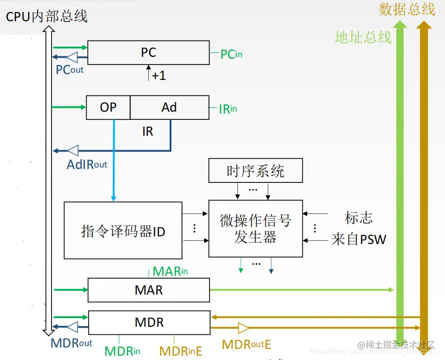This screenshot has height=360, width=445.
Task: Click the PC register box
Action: point(148,52)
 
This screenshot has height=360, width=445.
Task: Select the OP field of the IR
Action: point(108,107)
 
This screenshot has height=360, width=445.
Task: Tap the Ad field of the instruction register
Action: point(169,107)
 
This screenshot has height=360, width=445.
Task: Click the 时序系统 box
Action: point(255,171)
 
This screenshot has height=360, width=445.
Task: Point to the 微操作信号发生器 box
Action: point(255,229)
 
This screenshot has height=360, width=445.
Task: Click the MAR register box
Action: point(148,290)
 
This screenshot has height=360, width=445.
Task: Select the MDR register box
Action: point(149,322)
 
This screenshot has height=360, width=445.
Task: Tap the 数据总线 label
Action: point(406,10)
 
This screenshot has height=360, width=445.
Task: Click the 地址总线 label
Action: point(363,38)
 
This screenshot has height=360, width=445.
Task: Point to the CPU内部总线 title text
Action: point(46,16)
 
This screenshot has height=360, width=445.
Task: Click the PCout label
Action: point(69,70)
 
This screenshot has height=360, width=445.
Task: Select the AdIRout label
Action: point(87,165)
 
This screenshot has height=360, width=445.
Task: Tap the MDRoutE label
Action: point(246,345)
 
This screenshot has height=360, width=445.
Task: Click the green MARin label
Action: point(170,271)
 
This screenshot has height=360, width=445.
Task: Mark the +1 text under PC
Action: point(158,76)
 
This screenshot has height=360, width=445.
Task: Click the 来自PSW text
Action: point(358,239)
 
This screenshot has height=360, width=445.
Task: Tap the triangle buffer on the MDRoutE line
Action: point(244,328)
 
